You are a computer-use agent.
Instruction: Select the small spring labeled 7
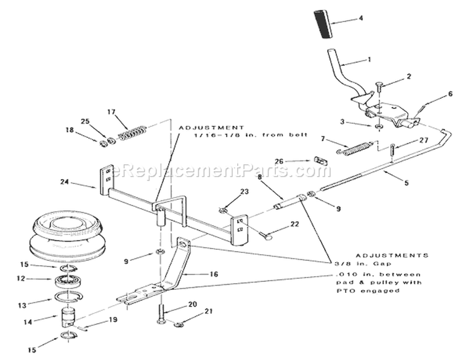354,148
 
